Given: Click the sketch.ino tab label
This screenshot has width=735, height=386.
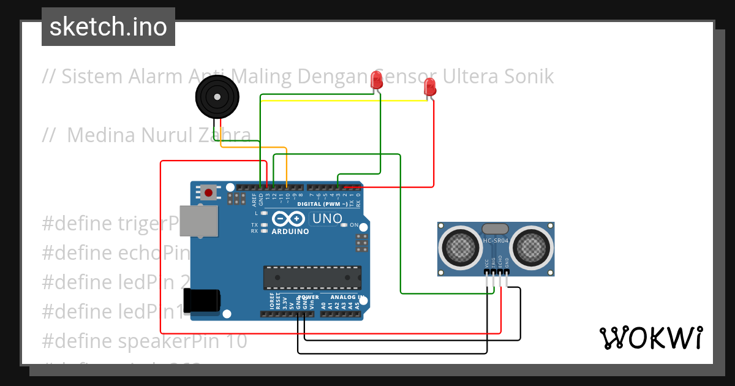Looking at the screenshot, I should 108,27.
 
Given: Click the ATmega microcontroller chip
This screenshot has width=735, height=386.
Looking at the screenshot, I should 312,277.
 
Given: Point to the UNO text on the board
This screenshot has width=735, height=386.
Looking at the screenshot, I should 327,219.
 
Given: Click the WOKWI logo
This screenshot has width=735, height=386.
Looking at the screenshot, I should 650,338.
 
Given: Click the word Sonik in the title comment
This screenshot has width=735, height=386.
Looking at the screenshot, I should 526,77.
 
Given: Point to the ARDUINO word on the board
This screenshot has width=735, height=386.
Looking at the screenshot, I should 290,231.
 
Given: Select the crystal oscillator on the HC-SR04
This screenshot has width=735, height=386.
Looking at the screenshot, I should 495,229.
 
